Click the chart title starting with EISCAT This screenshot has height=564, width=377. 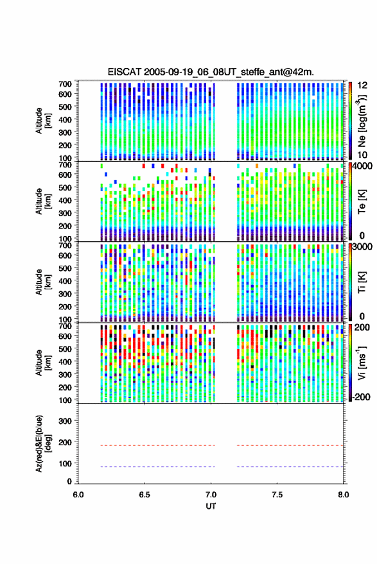click(211, 72)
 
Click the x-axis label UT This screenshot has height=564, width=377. click(211, 506)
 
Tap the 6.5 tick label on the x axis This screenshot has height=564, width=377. click(145, 495)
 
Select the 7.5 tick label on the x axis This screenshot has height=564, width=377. click(277, 495)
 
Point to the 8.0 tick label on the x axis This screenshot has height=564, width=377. click(343, 495)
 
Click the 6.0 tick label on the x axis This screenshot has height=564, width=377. click(78, 495)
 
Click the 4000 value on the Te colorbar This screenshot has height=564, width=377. click(362, 166)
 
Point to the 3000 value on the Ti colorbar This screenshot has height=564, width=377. click(362, 247)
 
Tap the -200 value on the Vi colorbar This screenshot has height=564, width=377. click(361, 397)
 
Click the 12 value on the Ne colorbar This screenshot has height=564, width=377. click(363, 85)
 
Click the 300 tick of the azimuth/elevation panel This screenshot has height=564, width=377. click(66, 421)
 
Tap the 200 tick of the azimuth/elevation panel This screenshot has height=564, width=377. click(66, 442)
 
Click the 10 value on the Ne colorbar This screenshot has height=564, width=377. click(362, 155)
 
